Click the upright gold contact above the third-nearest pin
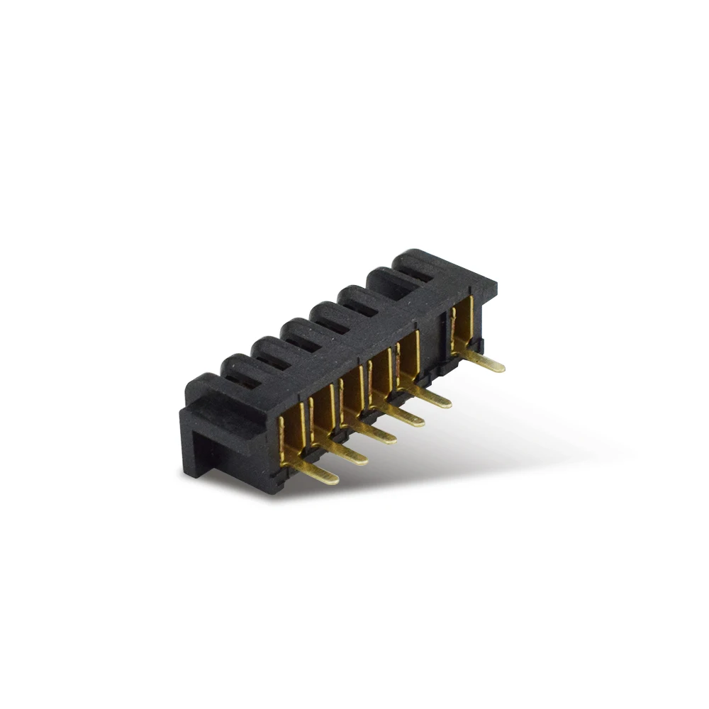coord(350,397)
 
